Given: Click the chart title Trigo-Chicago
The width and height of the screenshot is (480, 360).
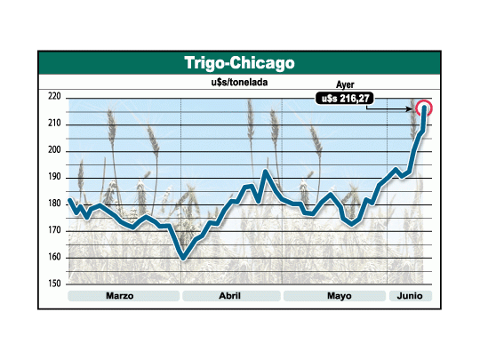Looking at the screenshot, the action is [239, 63].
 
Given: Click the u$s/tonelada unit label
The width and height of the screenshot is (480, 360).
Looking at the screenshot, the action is [239, 83].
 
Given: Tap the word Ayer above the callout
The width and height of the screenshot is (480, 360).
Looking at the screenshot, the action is [345, 84].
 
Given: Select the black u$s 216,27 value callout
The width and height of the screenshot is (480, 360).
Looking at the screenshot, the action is [345, 99].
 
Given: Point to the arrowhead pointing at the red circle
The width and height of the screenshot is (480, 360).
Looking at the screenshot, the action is [410, 108].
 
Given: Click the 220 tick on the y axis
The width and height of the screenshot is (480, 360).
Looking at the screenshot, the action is [54, 97].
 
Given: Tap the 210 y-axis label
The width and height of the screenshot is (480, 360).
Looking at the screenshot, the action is [54, 124].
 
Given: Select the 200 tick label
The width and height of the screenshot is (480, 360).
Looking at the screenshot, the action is [54, 150].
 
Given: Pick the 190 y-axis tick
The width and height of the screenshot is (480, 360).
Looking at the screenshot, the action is [54, 177].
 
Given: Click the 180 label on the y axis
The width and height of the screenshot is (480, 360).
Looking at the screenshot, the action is [54, 204].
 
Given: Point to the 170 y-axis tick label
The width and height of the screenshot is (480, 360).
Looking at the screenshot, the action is [54, 230].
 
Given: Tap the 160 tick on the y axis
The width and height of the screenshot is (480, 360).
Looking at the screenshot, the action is [54, 257].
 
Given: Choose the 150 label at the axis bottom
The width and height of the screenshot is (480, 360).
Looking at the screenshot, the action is [54, 284].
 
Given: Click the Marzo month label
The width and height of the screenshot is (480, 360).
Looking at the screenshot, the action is [120, 296].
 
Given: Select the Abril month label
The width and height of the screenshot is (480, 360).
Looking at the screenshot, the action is [230, 296].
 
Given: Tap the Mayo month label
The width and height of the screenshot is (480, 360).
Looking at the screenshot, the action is [340, 296].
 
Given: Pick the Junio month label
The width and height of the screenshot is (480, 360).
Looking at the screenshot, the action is [410, 296].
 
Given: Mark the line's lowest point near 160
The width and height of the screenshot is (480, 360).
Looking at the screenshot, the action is [183, 258].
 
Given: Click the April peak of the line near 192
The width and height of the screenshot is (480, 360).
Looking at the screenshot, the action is [265, 172].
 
